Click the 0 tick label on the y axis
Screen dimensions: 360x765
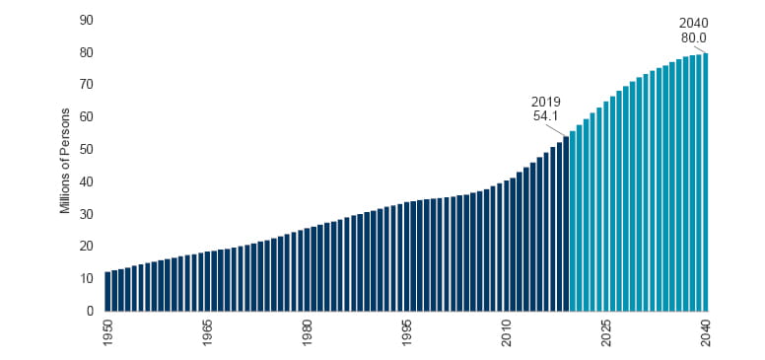89,311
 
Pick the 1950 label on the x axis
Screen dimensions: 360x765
107,329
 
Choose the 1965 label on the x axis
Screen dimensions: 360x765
207,329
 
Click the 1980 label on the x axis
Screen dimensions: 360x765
308,329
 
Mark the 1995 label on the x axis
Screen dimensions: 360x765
407,329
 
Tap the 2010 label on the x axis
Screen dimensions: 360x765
507,329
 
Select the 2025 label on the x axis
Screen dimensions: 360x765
606,329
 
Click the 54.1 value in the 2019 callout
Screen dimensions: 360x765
546,115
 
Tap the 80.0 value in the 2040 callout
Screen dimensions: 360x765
694,38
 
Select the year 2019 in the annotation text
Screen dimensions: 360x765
546,101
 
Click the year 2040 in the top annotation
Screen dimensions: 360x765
694,23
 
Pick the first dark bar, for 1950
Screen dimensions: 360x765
107,291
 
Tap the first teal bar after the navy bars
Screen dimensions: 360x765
573,221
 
